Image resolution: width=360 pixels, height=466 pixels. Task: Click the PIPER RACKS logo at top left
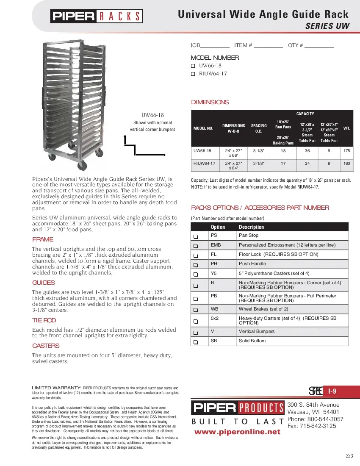97,17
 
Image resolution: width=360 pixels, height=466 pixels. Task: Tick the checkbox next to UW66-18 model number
193,66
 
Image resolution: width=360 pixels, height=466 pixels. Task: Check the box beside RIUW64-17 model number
193,74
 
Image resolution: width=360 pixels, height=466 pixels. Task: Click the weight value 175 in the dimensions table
347,151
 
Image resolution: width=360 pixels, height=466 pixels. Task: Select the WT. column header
346,128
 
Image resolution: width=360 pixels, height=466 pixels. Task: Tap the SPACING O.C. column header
259,128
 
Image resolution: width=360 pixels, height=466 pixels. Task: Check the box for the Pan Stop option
196,236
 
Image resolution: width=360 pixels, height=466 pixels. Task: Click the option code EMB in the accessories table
216,245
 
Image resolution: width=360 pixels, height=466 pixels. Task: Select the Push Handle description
252,264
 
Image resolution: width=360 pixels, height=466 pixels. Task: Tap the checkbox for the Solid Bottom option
196,342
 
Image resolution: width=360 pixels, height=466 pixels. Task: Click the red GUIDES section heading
43,283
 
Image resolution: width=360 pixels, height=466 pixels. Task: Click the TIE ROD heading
44,321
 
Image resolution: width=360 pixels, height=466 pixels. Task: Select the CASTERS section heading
46,346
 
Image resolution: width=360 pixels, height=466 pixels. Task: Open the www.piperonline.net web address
237,432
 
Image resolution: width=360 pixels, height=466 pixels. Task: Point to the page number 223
349,456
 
